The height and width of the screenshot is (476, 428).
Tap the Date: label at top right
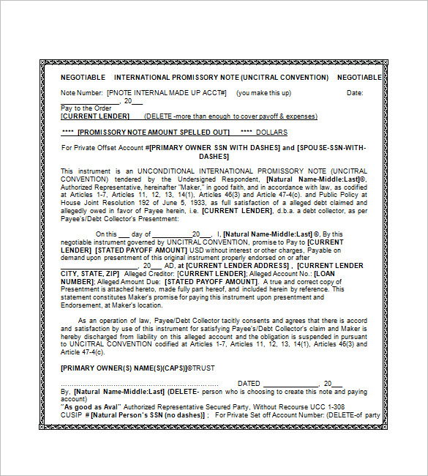pyautogui.click(x=354, y=93)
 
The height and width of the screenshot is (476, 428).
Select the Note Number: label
pyautogui.click(x=81, y=93)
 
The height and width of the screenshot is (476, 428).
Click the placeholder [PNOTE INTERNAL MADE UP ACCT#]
pyautogui.click(x=167, y=93)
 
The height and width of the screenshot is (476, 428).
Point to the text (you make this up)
pyautogui.click(x=264, y=93)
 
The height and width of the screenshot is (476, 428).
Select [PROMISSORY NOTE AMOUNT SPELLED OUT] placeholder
pyautogui.click(x=153, y=133)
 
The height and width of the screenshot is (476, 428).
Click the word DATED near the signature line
pyautogui.click(x=249, y=383)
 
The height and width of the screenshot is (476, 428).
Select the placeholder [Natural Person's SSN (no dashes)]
pyautogui.click(x=149, y=414)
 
